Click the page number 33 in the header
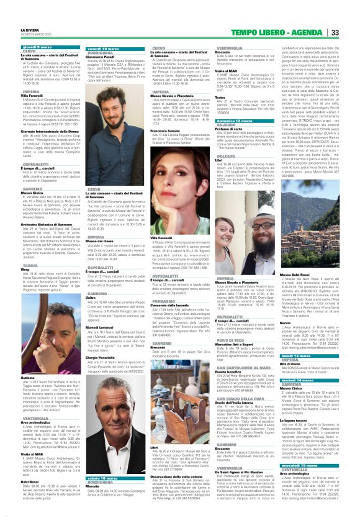351,14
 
